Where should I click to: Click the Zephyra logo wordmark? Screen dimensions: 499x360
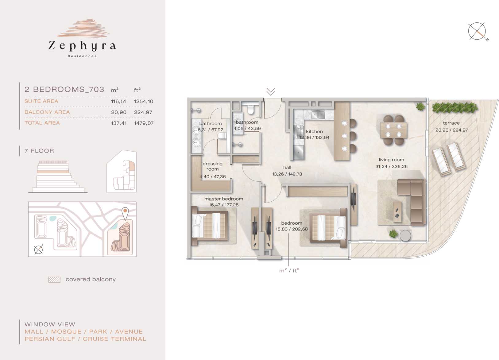point(82,46)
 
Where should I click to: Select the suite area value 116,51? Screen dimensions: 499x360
point(118,102)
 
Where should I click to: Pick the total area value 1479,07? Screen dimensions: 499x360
point(144,123)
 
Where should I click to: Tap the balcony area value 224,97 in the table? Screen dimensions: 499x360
point(143,112)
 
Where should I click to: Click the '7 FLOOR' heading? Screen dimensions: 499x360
point(39,151)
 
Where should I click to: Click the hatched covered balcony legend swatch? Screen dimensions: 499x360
point(54,280)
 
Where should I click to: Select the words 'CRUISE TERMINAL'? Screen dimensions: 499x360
point(114,339)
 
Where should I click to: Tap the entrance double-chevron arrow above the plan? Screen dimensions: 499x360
point(271,91)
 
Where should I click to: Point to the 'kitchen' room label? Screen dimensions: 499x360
point(314,131)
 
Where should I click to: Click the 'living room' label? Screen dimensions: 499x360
point(391,160)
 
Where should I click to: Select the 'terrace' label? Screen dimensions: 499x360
point(451,123)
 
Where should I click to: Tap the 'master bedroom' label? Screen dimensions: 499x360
point(224,199)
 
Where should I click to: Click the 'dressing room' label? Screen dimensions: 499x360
point(213,166)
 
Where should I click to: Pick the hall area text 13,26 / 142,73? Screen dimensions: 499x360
point(287,174)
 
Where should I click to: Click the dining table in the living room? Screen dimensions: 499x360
point(393,130)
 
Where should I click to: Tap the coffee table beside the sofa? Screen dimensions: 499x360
point(397,212)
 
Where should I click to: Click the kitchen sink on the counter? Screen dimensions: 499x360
point(318,114)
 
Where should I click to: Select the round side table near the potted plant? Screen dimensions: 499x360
point(405,236)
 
